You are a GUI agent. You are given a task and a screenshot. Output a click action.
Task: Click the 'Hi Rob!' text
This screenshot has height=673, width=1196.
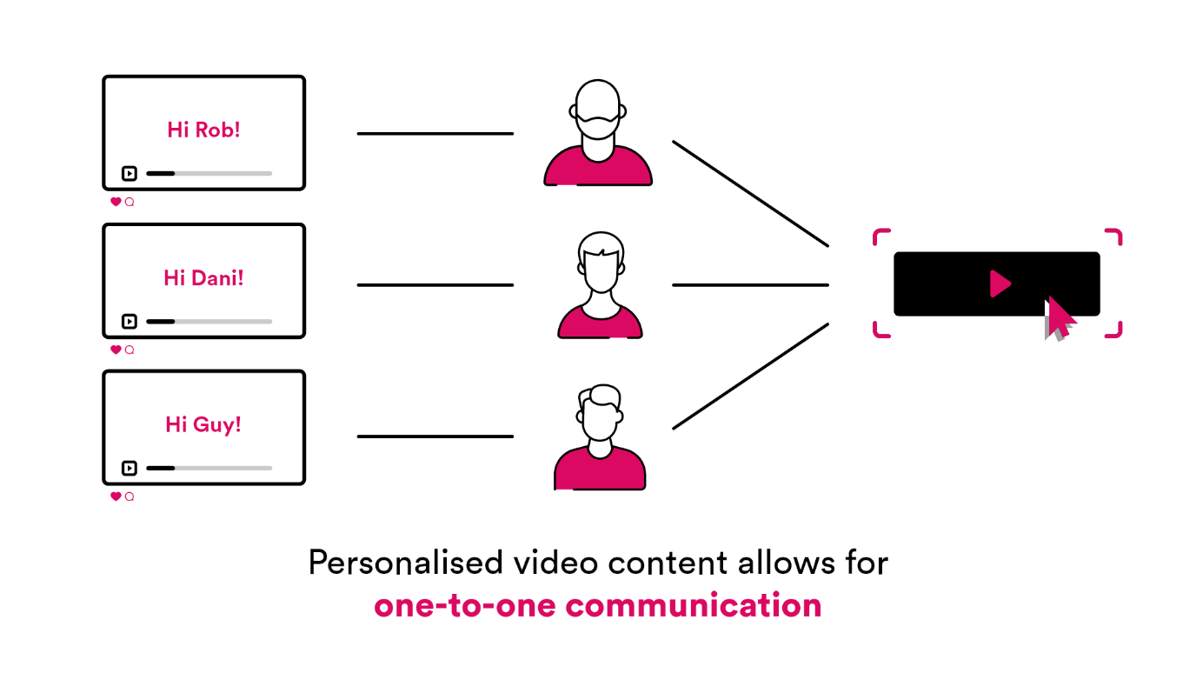tap(203, 130)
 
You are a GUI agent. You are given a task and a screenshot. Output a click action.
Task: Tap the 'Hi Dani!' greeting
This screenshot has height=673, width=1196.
tap(203, 277)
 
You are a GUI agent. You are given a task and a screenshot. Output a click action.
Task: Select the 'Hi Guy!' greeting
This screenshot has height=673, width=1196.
tap(203, 425)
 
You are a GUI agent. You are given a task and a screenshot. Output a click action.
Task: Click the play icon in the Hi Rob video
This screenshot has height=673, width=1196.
tap(130, 174)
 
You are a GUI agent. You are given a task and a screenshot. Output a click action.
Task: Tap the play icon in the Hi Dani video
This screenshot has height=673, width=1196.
tap(130, 322)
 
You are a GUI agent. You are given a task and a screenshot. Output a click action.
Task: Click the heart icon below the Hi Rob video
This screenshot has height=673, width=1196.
tap(116, 202)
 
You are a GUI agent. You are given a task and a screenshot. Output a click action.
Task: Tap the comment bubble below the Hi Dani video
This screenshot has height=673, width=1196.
tap(130, 350)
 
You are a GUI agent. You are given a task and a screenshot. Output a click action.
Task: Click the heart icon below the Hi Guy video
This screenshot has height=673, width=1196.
tap(116, 496)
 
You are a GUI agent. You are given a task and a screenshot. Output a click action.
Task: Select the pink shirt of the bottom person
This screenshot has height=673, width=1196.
tap(600, 470)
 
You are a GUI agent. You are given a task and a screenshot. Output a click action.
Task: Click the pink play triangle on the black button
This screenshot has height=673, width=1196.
tap(1000, 283)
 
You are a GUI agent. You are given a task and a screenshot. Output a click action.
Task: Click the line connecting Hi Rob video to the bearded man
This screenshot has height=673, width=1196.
tap(435, 134)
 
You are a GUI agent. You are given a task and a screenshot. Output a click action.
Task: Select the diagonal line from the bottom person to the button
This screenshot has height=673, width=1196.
tap(750, 376)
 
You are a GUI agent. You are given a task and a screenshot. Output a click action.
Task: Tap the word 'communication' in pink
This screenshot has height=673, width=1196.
tap(693, 606)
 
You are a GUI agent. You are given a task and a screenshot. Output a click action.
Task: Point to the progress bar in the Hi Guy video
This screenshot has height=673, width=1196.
tap(209, 469)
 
